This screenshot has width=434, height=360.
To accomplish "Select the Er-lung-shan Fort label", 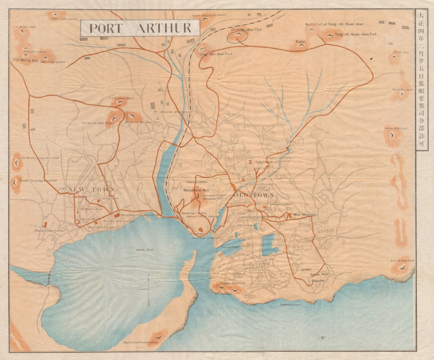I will (x=246, y=30).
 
